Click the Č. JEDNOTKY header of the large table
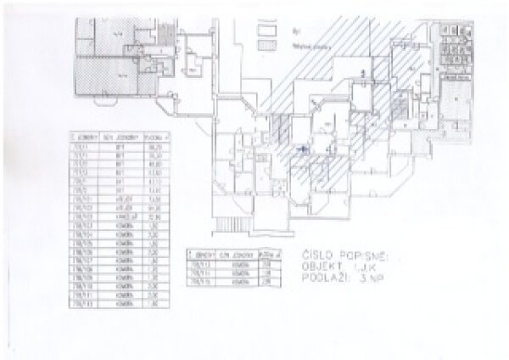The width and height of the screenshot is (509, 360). click(83, 136)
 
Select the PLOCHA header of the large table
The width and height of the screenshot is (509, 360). click(158, 136)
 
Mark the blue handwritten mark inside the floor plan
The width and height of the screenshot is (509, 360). click(300, 150)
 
